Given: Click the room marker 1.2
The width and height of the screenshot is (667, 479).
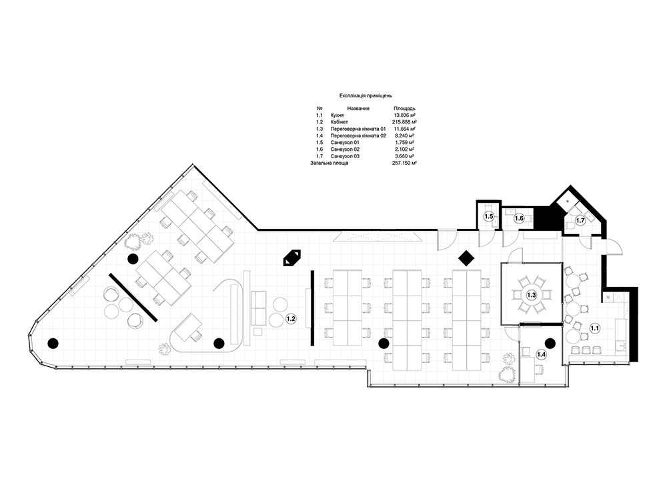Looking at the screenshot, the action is tap(291, 318).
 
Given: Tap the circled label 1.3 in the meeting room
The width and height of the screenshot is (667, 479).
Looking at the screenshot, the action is tap(532, 294).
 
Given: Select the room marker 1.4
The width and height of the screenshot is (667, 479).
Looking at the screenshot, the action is tap(541, 354).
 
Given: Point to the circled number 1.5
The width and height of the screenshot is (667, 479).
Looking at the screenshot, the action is tap(489, 217).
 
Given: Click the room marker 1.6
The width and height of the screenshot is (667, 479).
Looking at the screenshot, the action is tap(519, 218).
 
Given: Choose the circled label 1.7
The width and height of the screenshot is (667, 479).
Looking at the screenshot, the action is tap(580, 220).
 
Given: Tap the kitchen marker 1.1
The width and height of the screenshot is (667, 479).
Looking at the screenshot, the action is tap(595, 328).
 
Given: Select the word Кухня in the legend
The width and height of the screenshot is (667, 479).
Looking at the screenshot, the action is tap(337, 115).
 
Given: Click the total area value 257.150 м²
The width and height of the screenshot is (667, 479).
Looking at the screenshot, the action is tap(404, 163).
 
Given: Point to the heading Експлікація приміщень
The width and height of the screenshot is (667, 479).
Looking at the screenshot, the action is tap(366, 95).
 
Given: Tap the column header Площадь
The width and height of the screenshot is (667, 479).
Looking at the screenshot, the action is tap(405, 109).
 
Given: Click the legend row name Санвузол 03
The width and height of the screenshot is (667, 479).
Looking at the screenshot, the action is tap(345, 156).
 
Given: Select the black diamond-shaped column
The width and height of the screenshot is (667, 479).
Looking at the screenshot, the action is tap(466, 258).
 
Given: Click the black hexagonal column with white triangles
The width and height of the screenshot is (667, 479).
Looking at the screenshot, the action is tap(292, 258).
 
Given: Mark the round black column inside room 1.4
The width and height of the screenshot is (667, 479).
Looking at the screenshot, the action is tap(550, 342).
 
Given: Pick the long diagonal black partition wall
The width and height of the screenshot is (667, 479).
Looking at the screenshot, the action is tap(133, 297).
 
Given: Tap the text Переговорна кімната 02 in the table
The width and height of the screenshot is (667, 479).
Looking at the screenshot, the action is tap(358, 135).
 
